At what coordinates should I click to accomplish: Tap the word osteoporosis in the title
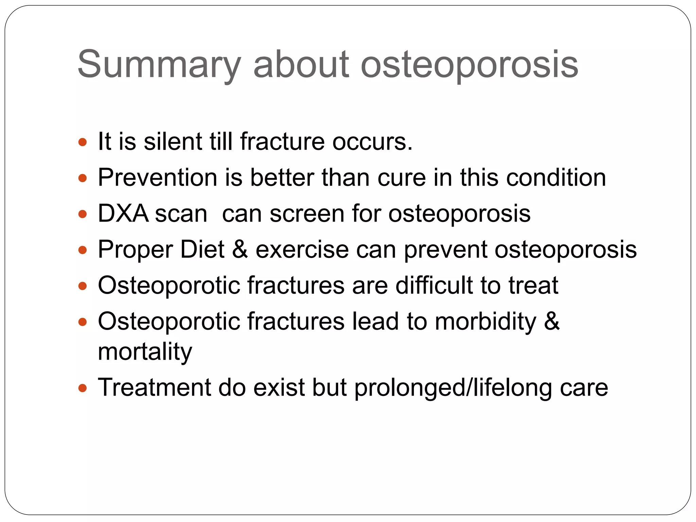pyautogui.click(x=469, y=65)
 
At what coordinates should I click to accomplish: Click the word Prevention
pyautogui.click(x=157, y=177)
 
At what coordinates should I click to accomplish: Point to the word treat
pyautogui.click(x=533, y=285)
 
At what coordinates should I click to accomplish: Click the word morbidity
pyautogui.click(x=485, y=321)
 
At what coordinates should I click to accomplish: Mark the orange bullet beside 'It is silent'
pyautogui.click(x=83, y=142)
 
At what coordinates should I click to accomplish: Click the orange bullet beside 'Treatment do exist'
pyautogui.click(x=83, y=388)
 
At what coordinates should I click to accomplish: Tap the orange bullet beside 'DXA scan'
pyautogui.click(x=83, y=214)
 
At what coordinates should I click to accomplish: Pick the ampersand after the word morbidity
pyautogui.click(x=552, y=321)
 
